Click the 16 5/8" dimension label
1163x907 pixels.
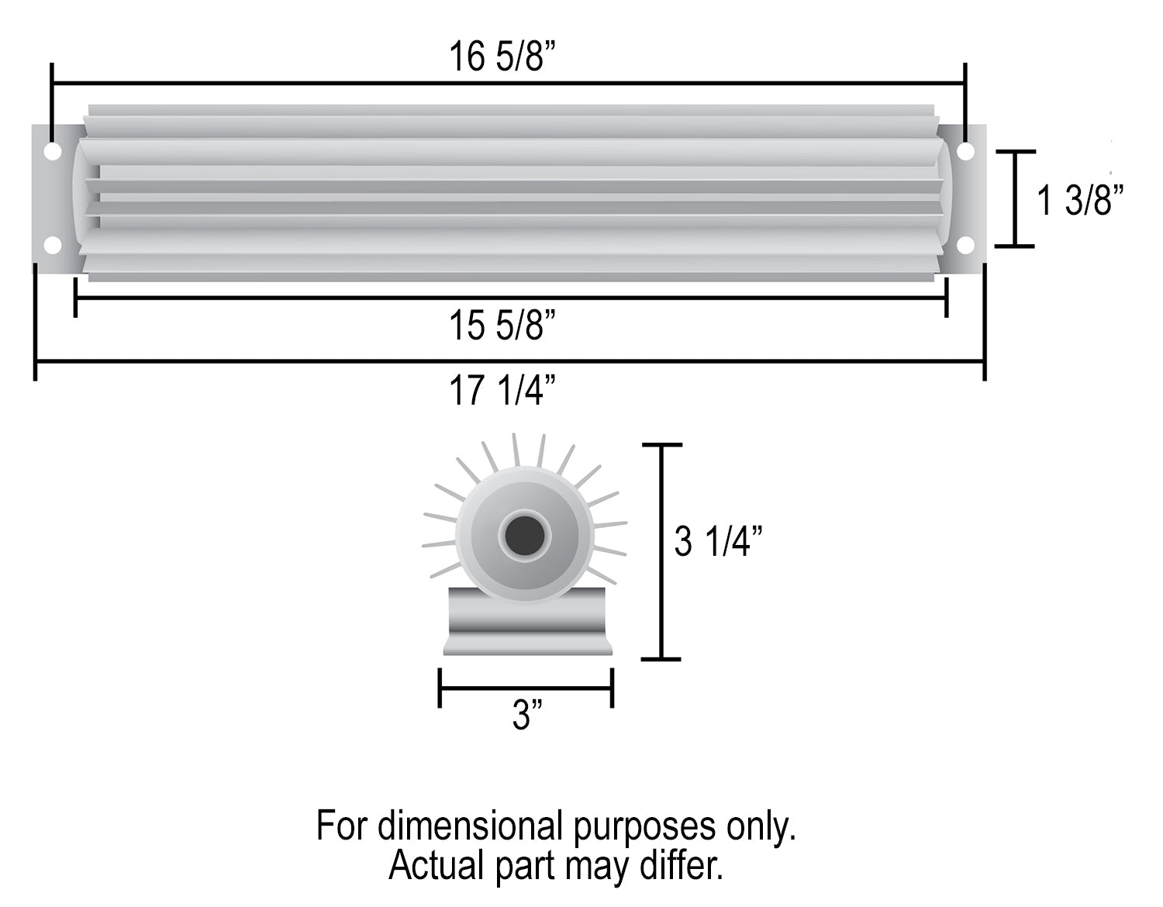tap(502, 57)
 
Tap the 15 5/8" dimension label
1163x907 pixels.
tap(502, 326)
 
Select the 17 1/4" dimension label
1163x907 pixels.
tap(502, 391)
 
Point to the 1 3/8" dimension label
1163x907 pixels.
tap(1080, 200)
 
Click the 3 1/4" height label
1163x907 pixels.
tap(718, 542)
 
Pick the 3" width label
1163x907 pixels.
tap(527, 715)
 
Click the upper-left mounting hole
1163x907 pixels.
tap(53, 151)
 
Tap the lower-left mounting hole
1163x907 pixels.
tap(53, 245)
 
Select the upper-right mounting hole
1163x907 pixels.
tap(965, 151)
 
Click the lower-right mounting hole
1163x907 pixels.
tap(965, 245)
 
